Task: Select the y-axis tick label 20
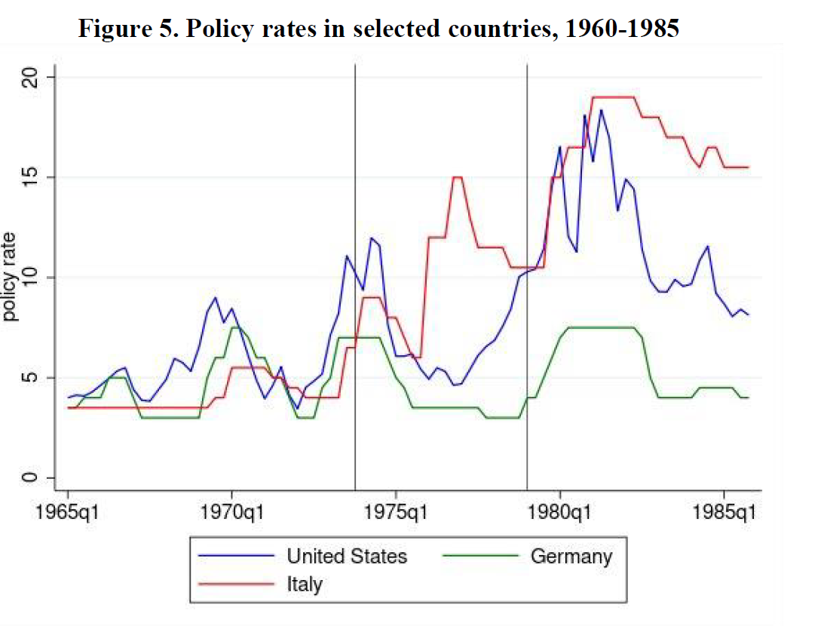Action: (29, 78)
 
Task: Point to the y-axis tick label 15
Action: (29, 177)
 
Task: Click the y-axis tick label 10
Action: (29, 278)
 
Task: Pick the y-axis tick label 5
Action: (29, 378)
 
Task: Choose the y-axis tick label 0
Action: (29, 478)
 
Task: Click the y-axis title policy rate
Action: (10, 278)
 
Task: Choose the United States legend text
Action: (347, 557)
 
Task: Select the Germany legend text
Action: (571, 557)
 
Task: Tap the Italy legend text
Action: (304, 583)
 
